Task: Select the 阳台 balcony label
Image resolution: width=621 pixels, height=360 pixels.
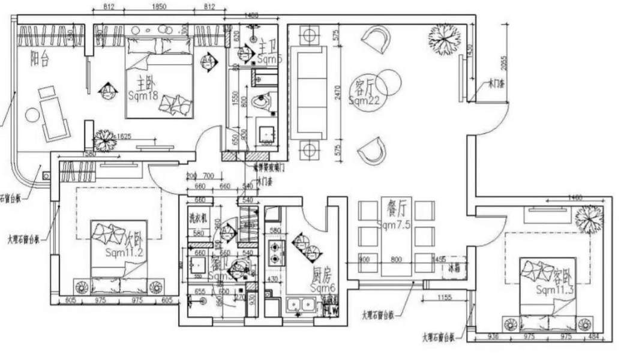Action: [40, 58]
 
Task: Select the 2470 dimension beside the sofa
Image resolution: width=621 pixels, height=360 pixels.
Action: [338, 92]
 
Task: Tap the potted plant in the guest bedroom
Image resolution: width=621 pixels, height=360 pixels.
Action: [588, 218]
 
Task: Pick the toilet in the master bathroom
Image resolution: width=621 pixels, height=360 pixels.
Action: [262, 103]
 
